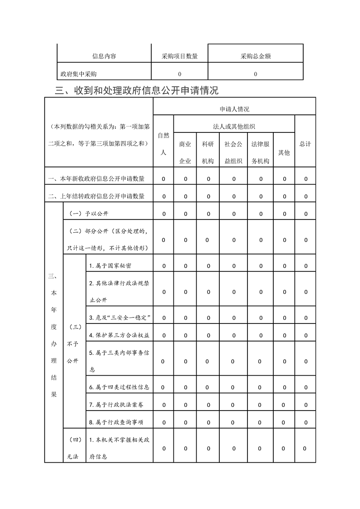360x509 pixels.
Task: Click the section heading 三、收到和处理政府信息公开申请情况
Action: click(x=137, y=90)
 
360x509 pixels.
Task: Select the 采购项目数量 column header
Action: click(x=179, y=57)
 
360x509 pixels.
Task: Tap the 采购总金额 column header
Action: click(x=256, y=57)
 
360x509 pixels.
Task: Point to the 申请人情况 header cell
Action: click(x=234, y=109)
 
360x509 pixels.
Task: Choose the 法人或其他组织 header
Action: click(x=234, y=127)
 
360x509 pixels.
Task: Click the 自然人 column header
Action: click(x=163, y=144)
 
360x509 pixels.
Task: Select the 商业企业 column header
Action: click(x=185, y=152)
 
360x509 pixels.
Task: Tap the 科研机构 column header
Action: click(x=208, y=152)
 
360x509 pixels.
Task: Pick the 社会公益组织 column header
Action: click(x=233, y=152)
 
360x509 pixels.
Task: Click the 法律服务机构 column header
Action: click(x=261, y=152)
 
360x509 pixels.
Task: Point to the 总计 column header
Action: click(x=305, y=144)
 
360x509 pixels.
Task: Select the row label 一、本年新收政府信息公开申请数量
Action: click(x=97, y=179)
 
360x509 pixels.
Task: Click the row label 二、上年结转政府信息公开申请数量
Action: click(x=97, y=196)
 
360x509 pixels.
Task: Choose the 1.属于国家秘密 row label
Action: click(x=111, y=265)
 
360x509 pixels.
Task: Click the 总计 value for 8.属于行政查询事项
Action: click(x=306, y=422)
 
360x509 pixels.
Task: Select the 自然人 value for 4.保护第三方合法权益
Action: click(x=163, y=335)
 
